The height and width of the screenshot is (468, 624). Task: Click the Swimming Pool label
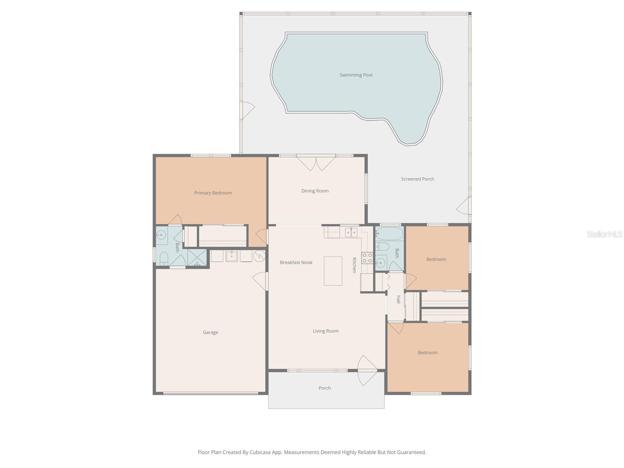tap(356, 75)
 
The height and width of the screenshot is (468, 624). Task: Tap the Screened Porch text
tap(417, 179)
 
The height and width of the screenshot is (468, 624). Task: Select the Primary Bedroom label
tap(213, 193)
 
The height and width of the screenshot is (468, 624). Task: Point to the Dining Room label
tap(315, 191)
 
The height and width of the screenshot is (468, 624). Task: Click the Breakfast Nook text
tap(296, 262)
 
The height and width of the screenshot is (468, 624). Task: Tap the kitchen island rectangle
tap(333, 271)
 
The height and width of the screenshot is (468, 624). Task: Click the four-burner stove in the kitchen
tap(367, 258)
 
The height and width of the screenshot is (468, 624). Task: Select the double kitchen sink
tap(351, 233)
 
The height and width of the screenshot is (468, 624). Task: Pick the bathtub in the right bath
tap(389, 234)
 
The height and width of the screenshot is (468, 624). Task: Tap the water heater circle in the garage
tap(259, 256)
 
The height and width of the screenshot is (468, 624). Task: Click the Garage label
tap(210, 332)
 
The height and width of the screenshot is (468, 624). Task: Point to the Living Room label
tap(325, 331)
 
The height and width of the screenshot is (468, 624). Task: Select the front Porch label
tap(324, 388)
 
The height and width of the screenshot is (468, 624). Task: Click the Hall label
tap(398, 300)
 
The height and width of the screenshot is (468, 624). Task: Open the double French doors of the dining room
tap(316, 163)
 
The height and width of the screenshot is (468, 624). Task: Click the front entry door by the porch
tap(367, 370)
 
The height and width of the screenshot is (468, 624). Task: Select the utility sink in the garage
tap(232, 256)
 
